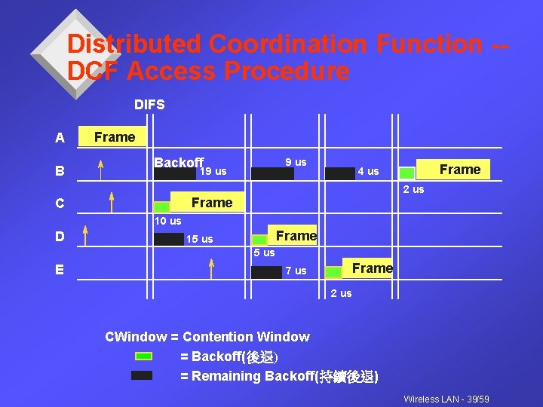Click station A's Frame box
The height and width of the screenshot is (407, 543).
[x=115, y=137]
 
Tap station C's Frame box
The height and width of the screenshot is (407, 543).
[x=211, y=203]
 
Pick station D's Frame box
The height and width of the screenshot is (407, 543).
[x=296, y=236]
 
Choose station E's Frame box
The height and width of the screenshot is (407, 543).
[x=372, y=268]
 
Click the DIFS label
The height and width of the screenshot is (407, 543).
[x=149, y=105]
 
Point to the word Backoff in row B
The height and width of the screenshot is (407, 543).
[x=179, y=163]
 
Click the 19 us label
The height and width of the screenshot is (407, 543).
[x=213, y=172]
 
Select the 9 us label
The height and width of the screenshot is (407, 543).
[x=296, y=163]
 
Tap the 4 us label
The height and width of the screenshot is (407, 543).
[x=368, y=172]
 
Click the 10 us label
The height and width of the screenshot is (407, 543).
[x=167, y=222]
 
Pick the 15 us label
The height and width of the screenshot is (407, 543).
[x=199, y=240]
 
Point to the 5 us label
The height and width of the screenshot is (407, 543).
[x=264, y=253]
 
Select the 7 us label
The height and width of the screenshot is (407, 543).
[x=296, y=271]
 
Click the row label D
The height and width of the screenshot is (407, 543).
[x=60, y=237]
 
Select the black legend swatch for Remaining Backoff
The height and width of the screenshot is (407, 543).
[x=142, y=375]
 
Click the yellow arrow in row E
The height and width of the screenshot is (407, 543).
[x=212, y=268]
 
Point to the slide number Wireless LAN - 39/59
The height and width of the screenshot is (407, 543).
[x=446, y=399]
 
